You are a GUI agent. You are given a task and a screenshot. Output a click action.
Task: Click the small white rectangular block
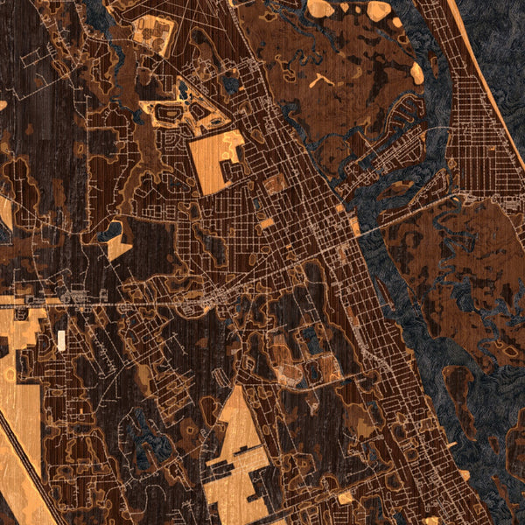point(61,340)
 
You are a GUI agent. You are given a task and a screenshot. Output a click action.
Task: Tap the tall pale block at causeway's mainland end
point(354,226)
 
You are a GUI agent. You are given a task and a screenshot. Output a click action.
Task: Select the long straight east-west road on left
point(131,304)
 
